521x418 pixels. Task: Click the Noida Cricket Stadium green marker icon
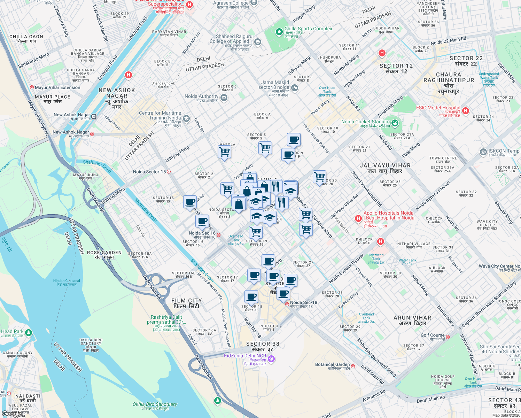click(x=395, y=123)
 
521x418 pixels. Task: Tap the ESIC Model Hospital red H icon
click(x=466, y=111)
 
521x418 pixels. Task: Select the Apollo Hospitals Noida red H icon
click(x=358, y=218)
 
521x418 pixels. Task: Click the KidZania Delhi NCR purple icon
click(x=272, y=359)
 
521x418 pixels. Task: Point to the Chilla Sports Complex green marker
click(x=279, y=32)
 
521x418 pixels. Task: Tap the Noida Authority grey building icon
click(x=224, y=98)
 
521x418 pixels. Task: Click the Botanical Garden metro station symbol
click(x=353, y=366)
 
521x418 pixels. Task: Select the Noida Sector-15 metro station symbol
click(x=169, y=172)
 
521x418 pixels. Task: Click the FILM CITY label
click(x=186, y=303)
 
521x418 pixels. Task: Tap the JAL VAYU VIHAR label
click(x=385, y=168)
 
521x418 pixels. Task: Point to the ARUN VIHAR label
click(x=412, y=320)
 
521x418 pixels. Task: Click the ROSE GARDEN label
click(x=104, y=255)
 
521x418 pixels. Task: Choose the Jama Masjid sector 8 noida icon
click(x=295, y=87)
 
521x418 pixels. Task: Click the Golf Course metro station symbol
click(x=448, y=337)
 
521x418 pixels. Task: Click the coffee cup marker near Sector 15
click(x=190, y=202)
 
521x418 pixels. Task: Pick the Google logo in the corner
click(x=11, y=413)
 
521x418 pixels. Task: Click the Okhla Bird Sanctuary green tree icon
click(x=218, y=401)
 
